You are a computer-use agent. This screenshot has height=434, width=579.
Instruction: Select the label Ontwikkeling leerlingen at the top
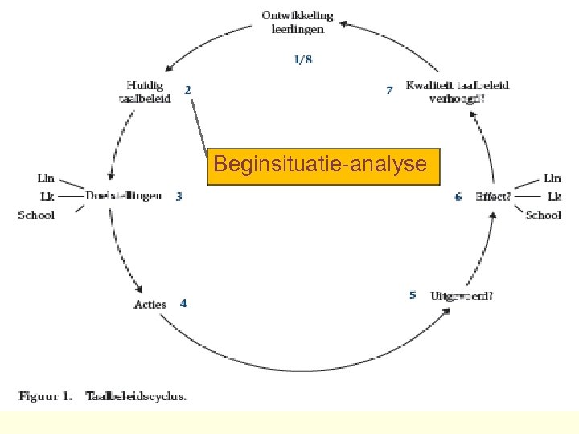coord(298,23)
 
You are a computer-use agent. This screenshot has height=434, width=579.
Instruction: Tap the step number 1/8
coord(302,59)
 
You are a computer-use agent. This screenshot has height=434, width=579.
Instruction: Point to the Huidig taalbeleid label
coord(145,92)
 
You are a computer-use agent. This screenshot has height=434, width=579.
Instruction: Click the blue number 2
coord(188,91)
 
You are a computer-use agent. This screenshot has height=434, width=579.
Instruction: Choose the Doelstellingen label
coord(124,195)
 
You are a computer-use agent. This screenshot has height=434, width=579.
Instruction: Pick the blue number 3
coord(179,195)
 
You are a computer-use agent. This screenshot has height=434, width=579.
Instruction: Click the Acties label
coord(150,304)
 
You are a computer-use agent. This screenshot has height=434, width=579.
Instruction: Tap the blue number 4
coord(184,303)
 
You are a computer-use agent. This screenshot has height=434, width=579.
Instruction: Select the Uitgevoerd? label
coord(462,295)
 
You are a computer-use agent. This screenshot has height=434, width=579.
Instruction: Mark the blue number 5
coord(413,295)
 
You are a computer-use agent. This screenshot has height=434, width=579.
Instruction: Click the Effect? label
coord(493,196)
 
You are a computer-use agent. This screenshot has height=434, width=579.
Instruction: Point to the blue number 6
coord(458,196)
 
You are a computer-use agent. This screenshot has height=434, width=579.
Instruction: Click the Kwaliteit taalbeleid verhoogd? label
coord(458,92)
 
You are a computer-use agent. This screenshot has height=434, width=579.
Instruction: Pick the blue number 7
coord(390,91)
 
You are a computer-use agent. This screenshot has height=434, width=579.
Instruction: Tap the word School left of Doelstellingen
coord(36,215)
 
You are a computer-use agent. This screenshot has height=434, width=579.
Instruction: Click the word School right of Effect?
coord(544,215)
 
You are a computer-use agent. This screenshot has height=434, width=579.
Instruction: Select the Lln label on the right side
coord(552,178)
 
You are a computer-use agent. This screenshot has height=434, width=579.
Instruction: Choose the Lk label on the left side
coord(47,196)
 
